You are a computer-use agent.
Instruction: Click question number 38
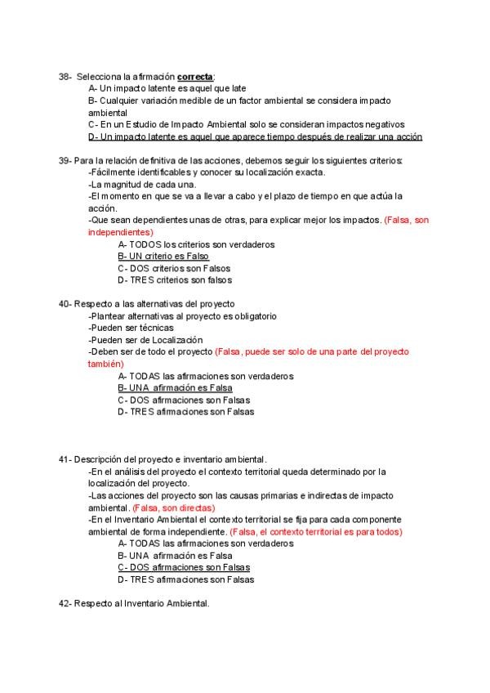[65, 76]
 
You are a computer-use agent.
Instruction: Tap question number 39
[65, 160]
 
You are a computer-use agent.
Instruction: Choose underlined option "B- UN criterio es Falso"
[163, 256]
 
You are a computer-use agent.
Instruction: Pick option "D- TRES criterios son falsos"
[174, 279]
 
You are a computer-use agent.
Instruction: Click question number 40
[65, 304]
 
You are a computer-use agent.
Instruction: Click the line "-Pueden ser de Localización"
[145, 339]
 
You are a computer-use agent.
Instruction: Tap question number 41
[65, 459]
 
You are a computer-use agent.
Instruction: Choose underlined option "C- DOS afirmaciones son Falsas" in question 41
[184, 567]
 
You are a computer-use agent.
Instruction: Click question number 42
[65, 603]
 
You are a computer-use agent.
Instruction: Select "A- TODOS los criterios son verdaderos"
[196, 244]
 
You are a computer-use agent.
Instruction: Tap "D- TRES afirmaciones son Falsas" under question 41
[185, 579]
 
